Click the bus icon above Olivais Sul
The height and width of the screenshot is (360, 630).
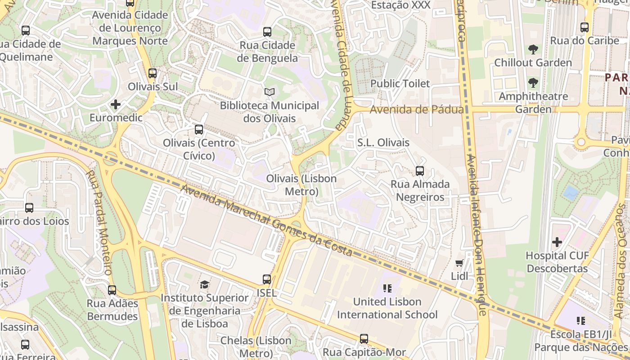pos(153,73)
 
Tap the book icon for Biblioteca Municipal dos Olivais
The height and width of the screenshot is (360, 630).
pos(270,92)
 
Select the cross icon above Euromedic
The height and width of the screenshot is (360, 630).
pos(116,105)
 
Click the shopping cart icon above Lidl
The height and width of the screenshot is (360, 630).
pos(459,263)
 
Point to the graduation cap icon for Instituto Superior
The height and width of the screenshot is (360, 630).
pos(205,284)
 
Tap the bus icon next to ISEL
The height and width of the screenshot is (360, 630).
pos(267,279)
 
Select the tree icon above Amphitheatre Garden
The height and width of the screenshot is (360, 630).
pos(533,83)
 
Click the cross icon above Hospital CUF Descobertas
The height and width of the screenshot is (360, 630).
pos(557,243)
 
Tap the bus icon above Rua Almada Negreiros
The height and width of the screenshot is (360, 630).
pos(420,171)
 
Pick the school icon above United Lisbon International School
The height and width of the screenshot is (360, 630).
pos(387,288)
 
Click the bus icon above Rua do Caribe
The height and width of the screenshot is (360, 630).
pos(585,27)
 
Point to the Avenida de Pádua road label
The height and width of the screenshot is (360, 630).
pos(417,110)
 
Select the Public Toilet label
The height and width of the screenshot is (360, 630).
pos(400,84)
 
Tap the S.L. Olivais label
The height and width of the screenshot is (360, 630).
pos(383,143)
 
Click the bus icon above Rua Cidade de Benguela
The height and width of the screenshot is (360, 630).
pos(267,32)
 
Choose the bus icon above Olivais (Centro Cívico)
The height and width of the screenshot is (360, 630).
pos(199,130)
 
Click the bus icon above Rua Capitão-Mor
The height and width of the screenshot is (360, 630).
pos(364,339)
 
